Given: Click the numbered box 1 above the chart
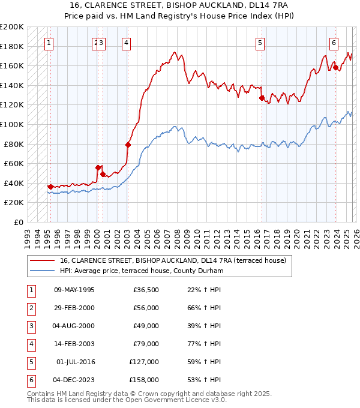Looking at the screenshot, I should pos(49,43).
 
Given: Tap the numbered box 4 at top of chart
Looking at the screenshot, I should pos(127,43).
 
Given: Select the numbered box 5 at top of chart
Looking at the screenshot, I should pos(260,43).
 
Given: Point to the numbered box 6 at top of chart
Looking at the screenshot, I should pos(334,43).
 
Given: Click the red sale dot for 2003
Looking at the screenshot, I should pos(128,145).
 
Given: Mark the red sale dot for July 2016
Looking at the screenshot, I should pos(262,98).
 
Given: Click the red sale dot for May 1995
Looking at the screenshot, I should pos(50,187).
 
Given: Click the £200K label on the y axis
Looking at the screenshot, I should pos(13,27).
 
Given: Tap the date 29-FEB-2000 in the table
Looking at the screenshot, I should pos(74,308).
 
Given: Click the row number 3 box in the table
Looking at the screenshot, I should pos(29,326).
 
